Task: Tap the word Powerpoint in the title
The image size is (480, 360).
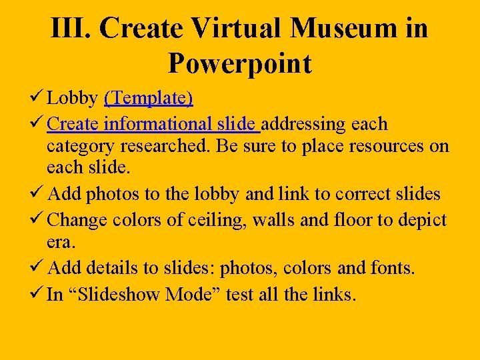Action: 240,63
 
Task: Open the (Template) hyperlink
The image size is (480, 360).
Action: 148,99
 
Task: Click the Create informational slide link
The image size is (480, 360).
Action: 153,124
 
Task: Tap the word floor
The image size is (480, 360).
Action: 355,219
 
